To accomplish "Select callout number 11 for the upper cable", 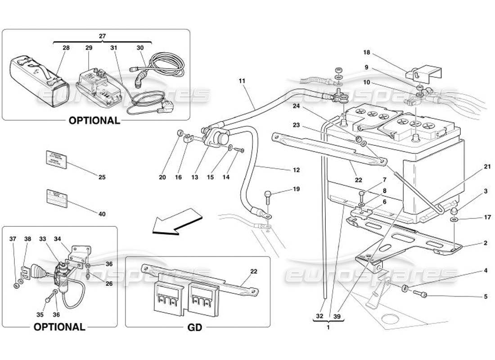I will point(243,81).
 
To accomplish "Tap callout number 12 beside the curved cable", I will point(296,170).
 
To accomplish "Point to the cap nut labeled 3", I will point(455,211).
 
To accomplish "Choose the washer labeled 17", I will point(455,220).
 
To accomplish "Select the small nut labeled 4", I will point(405,288).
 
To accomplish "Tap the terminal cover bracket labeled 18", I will point(426,72).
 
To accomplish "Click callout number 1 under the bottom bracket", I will point(328,328).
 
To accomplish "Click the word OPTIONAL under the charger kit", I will point(94,121).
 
